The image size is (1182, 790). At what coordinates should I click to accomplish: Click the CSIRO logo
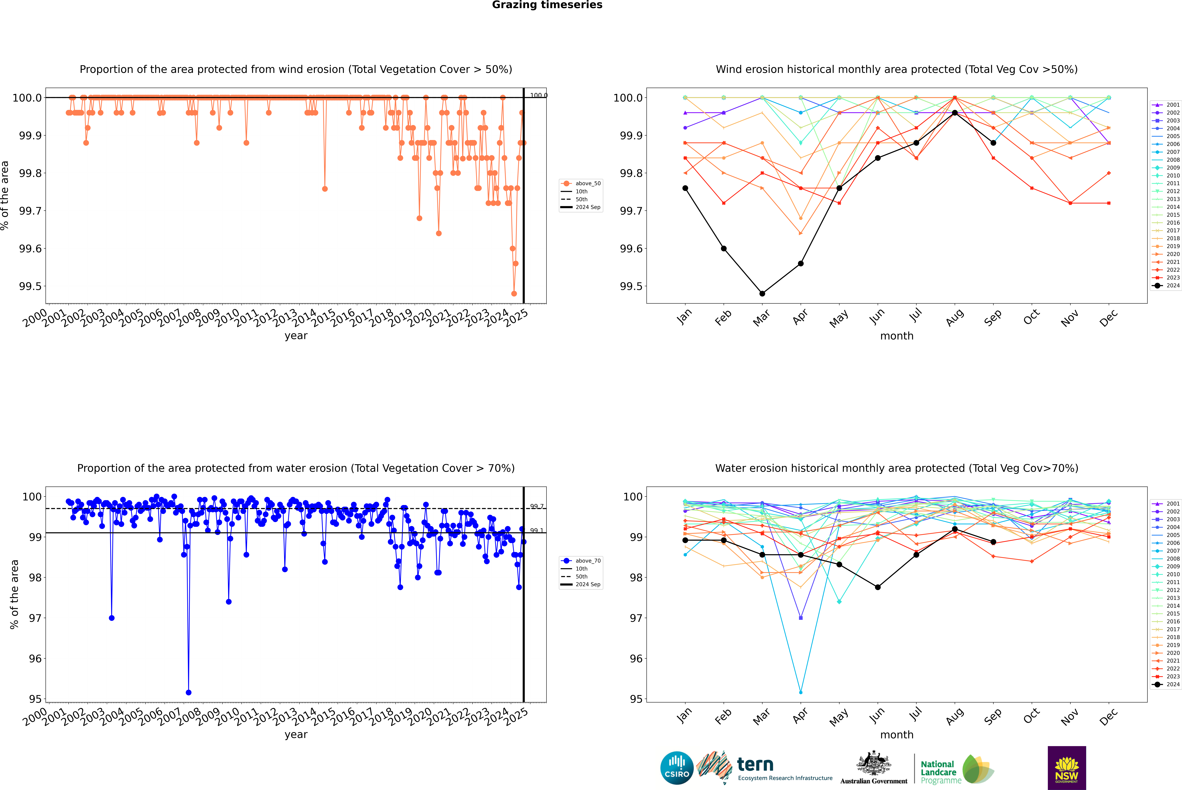coord(677,768)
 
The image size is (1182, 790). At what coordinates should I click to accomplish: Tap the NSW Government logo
coord(1067,768)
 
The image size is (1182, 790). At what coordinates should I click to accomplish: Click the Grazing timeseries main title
coord(547,5)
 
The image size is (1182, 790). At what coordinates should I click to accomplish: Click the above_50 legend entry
coord(581,183)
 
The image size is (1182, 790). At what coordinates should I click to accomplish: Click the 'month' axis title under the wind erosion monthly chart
coord(897,336)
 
